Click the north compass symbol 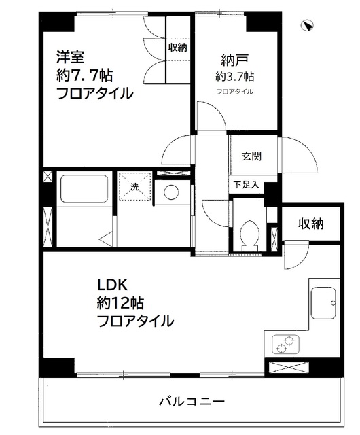307,25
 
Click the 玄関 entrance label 251,156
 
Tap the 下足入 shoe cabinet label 245,184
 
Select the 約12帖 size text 121,302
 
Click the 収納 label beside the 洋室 178,48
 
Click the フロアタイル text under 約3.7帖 235,91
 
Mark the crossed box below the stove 288,369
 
